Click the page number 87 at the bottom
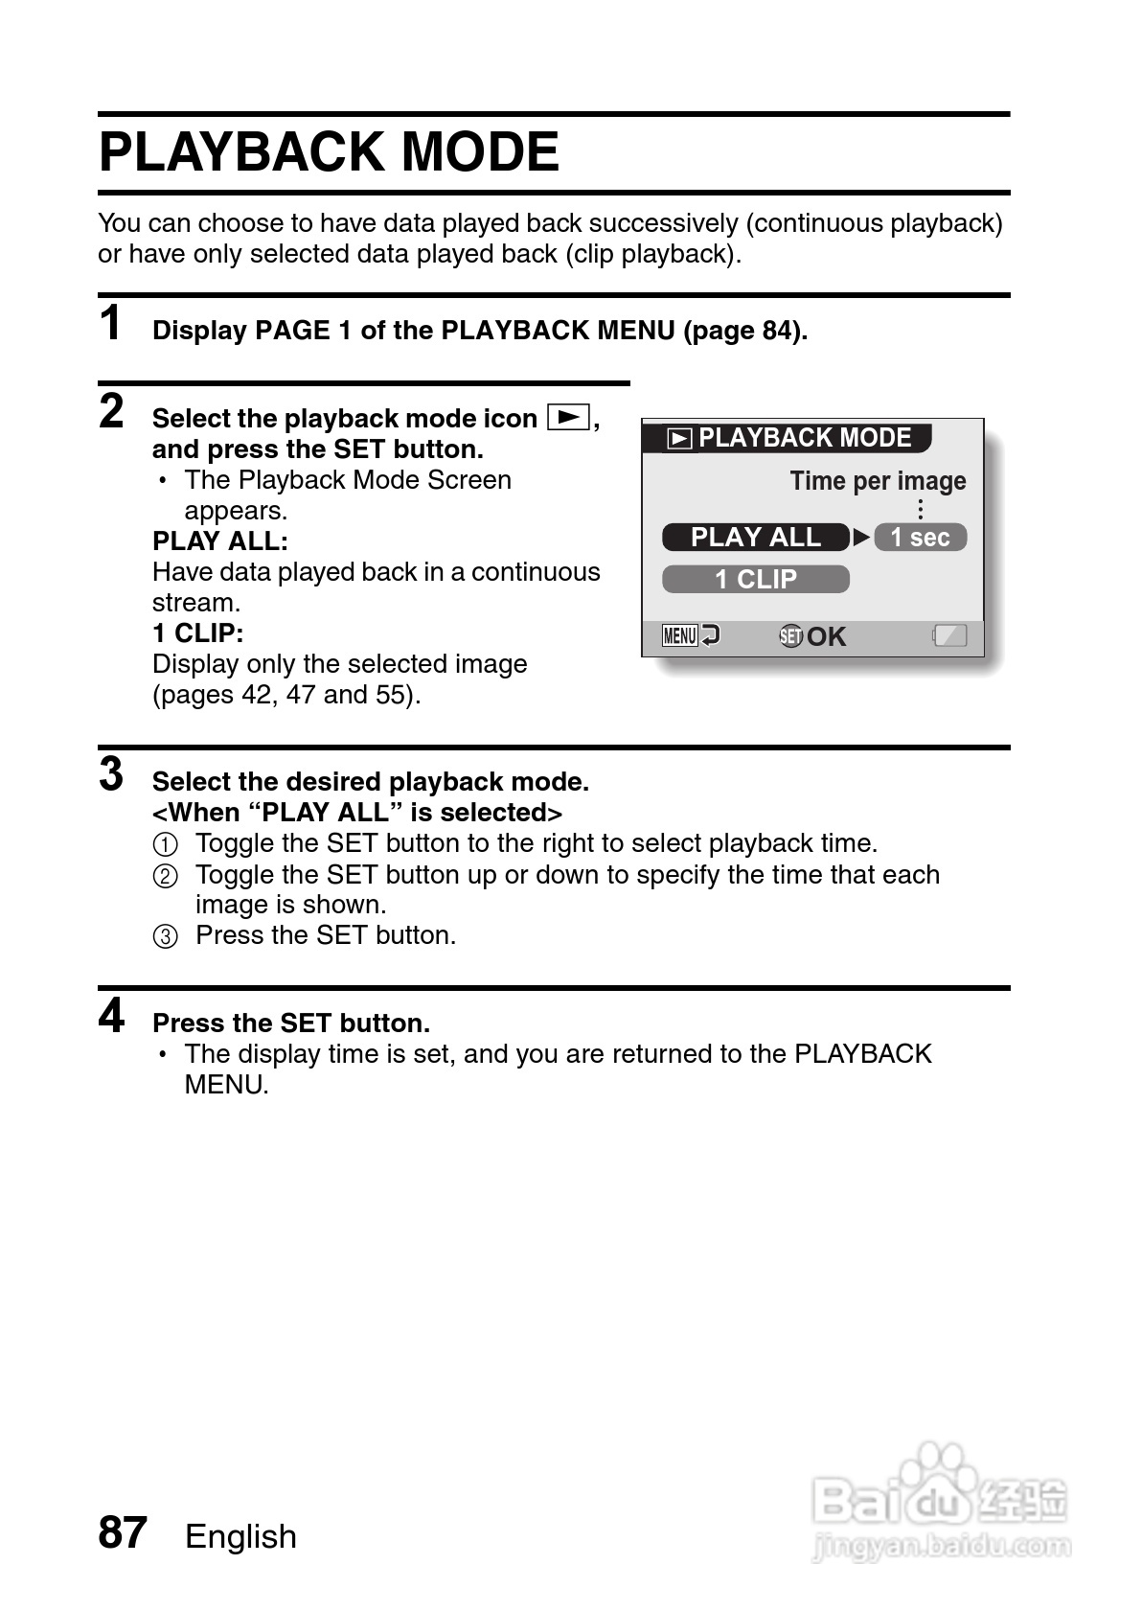click(x=123, y=1532)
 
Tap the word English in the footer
click(x=240, y=1536)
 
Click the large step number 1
click(x=111, y=323)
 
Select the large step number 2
click(x=112, y=411)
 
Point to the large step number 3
click(x=112, y=774)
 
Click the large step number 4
click(x=112, y=1016)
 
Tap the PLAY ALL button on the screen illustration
click(x=755, y=538)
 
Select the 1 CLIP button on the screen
click(x=755, y=580)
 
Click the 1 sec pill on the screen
click(x=920, y=538)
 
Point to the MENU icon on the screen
click(x=680, y=635)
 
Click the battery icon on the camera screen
click(x=949, y=635)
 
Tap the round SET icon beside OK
click(x=790, y=636)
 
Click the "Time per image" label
click(x=878, y=481)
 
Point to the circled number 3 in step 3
click(x=166, y=936)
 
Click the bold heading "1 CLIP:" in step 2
click(x=198, y=633)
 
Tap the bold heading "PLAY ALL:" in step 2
click(x=220, y=541)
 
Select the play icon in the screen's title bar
click(x=679, y=439)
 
